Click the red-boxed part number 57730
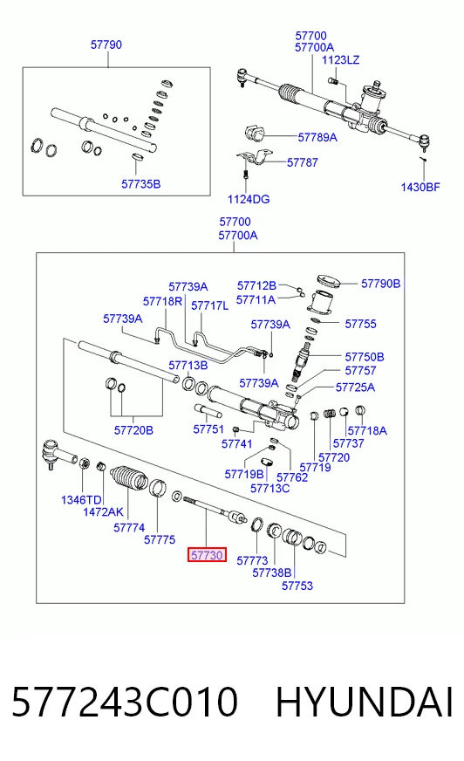coord(207,555)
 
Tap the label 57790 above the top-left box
coord(106,45)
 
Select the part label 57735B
coord(140,184)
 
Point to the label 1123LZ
coord(341,59)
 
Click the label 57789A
coord(317,137)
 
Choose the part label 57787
coord(303,162)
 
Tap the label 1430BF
coord(420,187)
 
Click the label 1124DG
coord(249,199)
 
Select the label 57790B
coord(380,284)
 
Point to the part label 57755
coord(360,324)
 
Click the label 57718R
coord(162,301)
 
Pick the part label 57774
coord(129,528)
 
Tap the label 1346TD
coord(81,500)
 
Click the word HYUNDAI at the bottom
coord(365,703)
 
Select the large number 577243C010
coord(125,703)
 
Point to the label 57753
coord(297,586)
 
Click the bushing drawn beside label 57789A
coord(254,133)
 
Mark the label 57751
coord(208,429)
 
